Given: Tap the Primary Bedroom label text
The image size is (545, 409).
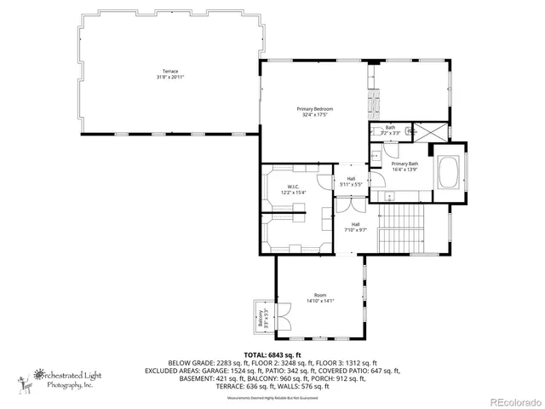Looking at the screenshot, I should click(x=314, y=112).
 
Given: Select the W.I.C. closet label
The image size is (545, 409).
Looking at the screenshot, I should click(x=292, y=189).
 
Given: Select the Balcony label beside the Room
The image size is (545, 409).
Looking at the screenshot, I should click(x=261, y=319).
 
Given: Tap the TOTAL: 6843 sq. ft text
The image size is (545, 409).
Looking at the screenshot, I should click(x=272, y=354).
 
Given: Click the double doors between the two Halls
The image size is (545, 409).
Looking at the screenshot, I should click(x=345, y=204).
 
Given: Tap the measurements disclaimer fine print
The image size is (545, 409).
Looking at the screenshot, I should click(x=272, y=398).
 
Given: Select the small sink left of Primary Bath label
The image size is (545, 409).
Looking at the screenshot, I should click(x=376, y=158).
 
